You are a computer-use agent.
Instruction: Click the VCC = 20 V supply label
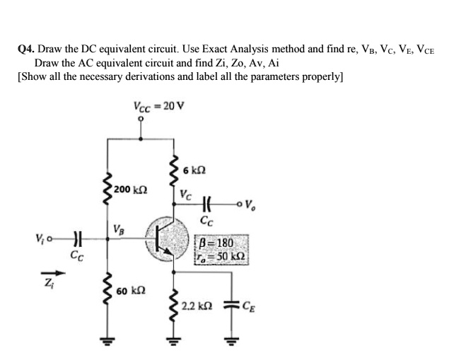point(158,107)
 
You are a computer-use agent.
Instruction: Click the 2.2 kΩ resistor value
point(194,306)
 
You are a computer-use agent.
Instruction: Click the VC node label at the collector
point(185,194)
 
